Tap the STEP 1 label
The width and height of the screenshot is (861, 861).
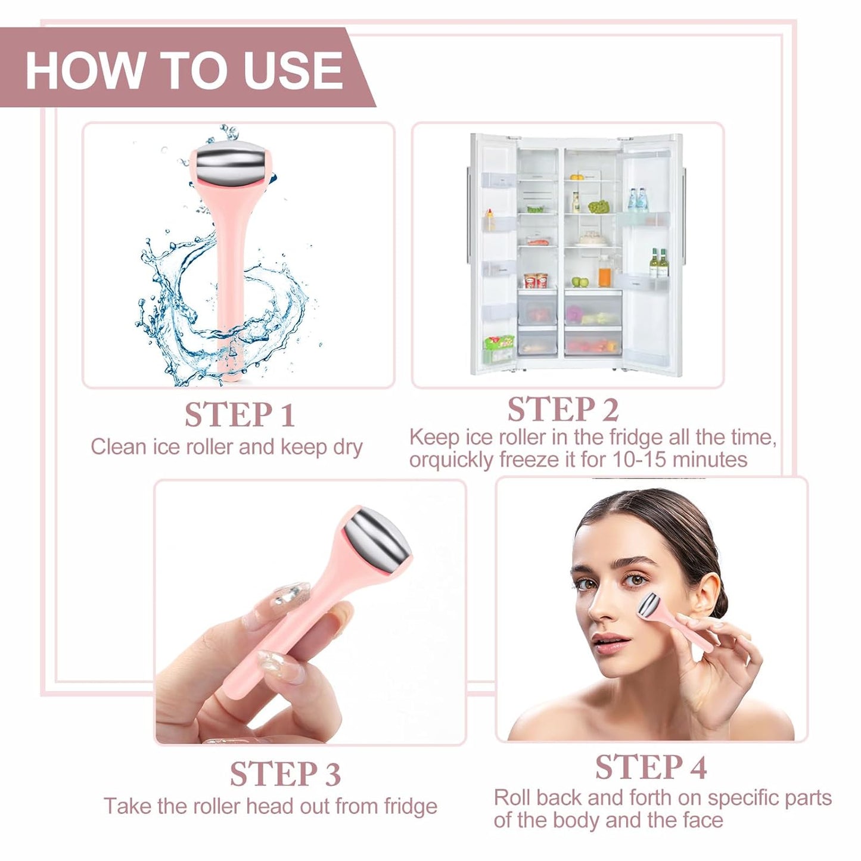coord(240,415)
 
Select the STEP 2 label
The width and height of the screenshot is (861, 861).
coord(562,409)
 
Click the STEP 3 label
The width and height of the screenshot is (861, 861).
coord(285,774)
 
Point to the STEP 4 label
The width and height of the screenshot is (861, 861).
coord(651,767)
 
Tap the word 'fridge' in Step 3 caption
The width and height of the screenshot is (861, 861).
coord(411,806)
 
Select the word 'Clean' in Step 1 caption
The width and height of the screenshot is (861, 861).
coord(118,447)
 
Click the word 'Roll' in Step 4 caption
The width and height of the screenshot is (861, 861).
coord(512,798)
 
